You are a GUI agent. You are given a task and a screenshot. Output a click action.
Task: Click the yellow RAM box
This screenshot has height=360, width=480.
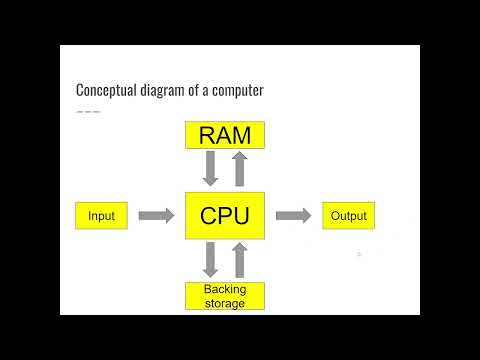(x=225, y=134)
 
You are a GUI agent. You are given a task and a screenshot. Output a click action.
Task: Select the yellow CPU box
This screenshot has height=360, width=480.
(x=225, y=215)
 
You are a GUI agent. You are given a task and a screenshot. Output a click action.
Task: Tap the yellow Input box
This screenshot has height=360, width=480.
(x=102, y=215)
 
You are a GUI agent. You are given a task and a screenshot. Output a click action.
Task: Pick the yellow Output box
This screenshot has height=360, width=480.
(x=349, y=215)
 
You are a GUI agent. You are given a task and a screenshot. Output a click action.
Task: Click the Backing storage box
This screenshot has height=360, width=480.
(x=225, y=296)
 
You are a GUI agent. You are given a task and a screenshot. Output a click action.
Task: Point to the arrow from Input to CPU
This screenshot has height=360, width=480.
(x=156, y=215)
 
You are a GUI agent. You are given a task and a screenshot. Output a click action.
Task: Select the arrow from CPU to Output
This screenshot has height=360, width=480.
(x=294, y=215)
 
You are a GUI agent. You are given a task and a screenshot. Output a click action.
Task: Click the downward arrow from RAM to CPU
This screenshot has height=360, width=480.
(x=210, y=168)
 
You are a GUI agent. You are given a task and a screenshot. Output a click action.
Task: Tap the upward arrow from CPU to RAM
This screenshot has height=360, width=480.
(x=240, y=168)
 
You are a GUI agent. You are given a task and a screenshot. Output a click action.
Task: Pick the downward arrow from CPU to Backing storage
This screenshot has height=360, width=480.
(x=210, y=260)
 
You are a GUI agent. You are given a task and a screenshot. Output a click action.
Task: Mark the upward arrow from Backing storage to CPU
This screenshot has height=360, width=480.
(x=240, y=260)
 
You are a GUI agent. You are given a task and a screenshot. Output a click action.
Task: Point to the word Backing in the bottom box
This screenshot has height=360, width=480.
(x=225, y=290)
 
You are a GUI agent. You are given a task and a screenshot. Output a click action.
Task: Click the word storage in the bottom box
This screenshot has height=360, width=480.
(x=225, y=303)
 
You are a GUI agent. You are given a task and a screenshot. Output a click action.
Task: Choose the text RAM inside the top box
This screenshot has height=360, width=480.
(x=225, y=134)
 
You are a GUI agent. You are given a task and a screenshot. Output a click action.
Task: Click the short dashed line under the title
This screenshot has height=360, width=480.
(x=88, y=110)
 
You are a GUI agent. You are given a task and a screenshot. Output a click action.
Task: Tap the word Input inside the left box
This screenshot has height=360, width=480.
(x=102, y=215)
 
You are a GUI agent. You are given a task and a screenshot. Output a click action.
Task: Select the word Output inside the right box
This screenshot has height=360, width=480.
(x=349, y=215)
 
